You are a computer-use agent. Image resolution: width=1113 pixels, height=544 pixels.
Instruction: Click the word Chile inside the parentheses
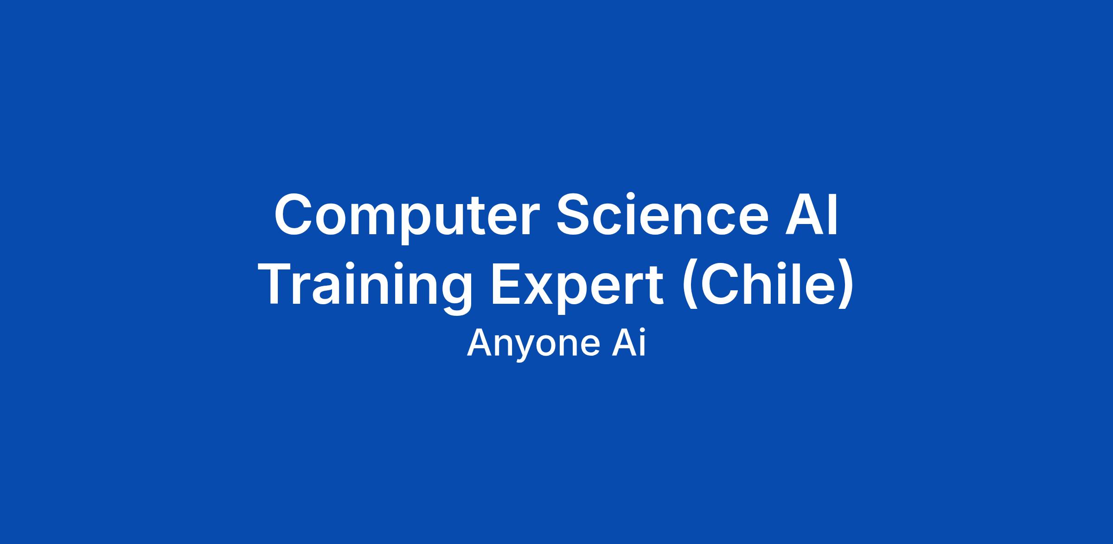pos(767,284)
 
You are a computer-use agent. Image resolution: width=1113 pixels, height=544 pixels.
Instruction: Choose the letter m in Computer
pos(368,220)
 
